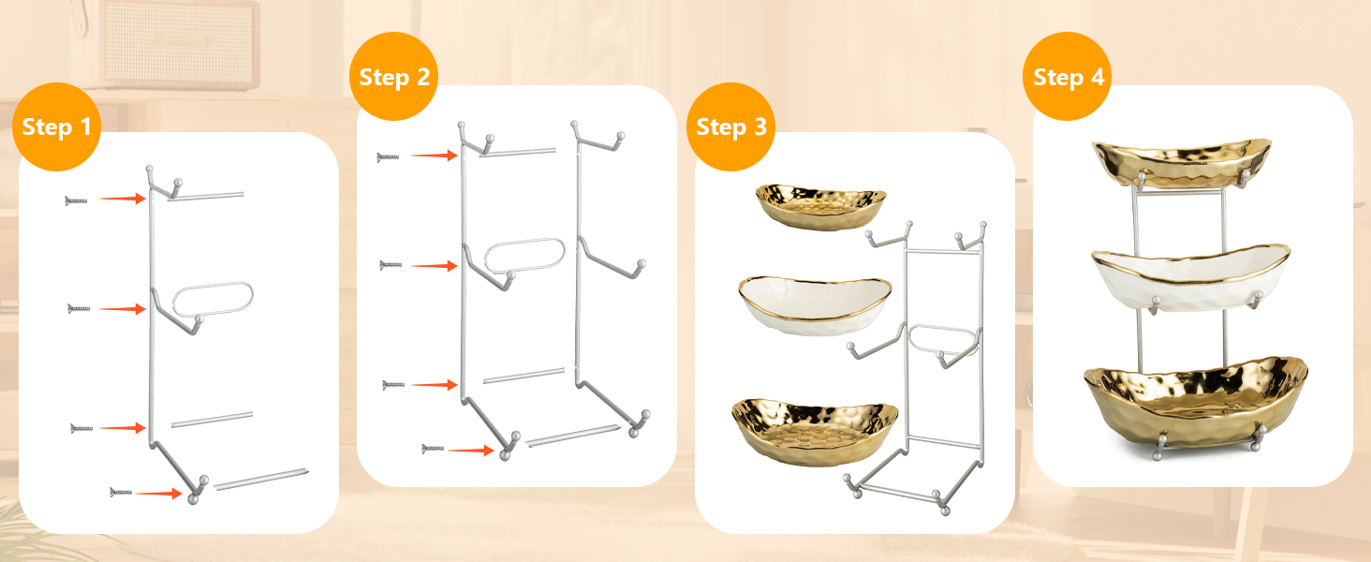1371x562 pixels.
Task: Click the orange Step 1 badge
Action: coord(56,126)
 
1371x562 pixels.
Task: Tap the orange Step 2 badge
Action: coord(393,77)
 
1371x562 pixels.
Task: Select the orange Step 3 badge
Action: coord(730,126)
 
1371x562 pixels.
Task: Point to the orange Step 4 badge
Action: coord(1068,77)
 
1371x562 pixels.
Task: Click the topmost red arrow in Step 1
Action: coord(123,199)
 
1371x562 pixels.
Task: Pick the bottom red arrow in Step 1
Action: coord(159,493)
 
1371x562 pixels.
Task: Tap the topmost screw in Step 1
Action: coord(76,200)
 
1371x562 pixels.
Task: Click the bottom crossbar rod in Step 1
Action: coord(260,480)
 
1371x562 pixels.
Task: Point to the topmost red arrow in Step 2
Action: coord(435,155)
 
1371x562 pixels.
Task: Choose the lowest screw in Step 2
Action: coord(433,449)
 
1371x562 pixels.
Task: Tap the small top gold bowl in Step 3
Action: coord(820,206)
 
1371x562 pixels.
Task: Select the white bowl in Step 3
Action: coord(815,304)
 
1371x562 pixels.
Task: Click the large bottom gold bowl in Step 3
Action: coord(815,431)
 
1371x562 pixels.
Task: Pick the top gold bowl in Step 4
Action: coord(1182,163)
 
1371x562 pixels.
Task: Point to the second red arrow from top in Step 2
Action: coord(435,266)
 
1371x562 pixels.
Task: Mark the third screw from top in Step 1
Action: coord(81,428)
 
